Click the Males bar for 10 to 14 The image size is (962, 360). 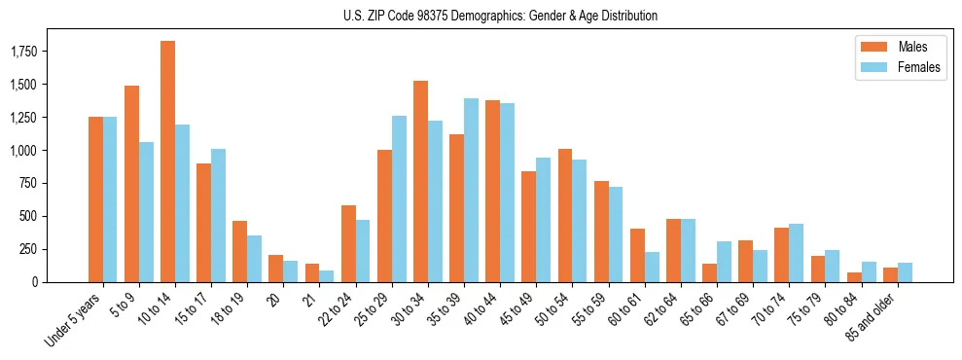167,162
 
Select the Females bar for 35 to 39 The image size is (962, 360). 471,191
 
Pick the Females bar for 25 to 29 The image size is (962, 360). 399,199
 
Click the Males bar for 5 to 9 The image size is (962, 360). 131,184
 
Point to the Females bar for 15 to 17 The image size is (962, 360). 218,216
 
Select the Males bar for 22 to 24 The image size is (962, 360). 348,244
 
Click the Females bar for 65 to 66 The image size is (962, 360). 724,262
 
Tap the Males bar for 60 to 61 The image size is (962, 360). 637,256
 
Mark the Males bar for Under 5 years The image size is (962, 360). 95,199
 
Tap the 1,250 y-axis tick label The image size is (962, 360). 24,118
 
